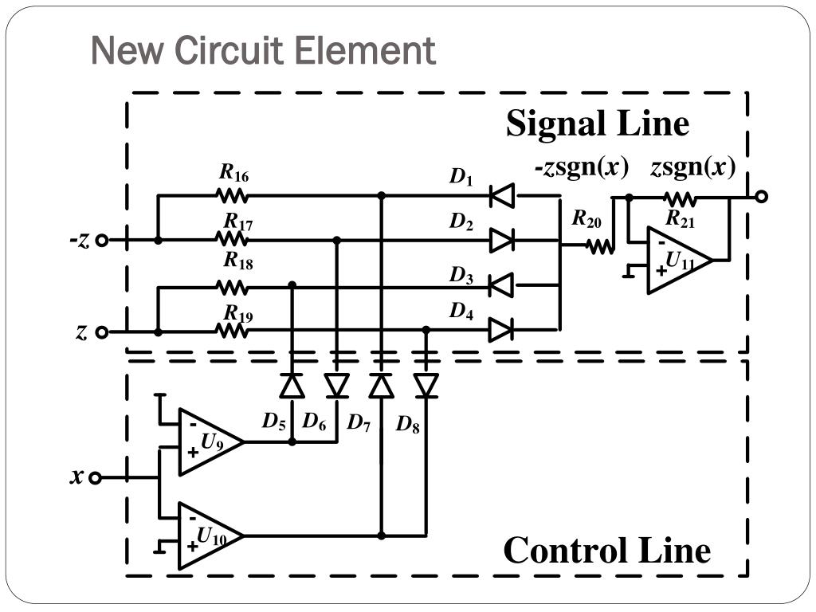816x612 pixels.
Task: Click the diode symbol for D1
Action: click(502, 196)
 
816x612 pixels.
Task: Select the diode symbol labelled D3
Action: click(501, 285)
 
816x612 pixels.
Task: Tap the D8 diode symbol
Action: click(426, 386)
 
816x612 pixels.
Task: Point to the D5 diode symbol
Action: click(292, 386)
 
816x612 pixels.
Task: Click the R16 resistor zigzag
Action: click(232, 196)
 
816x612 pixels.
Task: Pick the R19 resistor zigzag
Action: click(232, 331)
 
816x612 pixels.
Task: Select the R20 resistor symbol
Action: click(600, 245)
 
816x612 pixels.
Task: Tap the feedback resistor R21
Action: click(680, 198)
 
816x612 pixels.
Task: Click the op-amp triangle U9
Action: click(210, 441)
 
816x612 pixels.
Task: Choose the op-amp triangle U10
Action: click(210, 535)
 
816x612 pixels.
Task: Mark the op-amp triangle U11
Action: click(680, 260)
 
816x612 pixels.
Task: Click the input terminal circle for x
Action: click(95, 478)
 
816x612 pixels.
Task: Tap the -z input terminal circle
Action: click(103, 241)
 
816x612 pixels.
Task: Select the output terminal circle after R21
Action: click(761, 197)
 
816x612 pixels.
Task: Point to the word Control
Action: click(564, 551)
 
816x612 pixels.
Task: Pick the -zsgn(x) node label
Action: click(582, 167)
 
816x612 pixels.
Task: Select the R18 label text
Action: click(238, 261)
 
